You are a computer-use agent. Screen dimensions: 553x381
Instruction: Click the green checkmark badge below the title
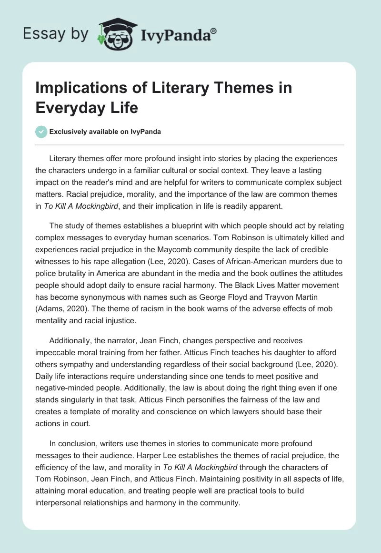(42, 132)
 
